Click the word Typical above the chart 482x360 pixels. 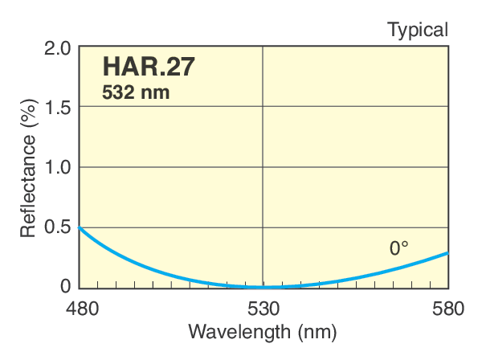(x=418, y=30)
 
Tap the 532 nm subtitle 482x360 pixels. (x=136, y=92)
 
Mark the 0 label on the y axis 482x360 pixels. (x=66, y=287)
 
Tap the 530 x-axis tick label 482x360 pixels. (x=263, y=308)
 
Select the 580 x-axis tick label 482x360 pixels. (x=448, y=308)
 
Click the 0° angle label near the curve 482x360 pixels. (x=399, y=249)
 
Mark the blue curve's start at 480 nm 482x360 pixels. (x=79, y=227)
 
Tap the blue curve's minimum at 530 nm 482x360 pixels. (x=263, y=287)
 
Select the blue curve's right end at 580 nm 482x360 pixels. (x=447, y=253)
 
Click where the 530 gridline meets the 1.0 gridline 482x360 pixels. (x=263, y=167)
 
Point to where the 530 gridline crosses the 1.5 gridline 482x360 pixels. (x=263, y=108)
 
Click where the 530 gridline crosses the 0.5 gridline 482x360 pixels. (x=263, y=227)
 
